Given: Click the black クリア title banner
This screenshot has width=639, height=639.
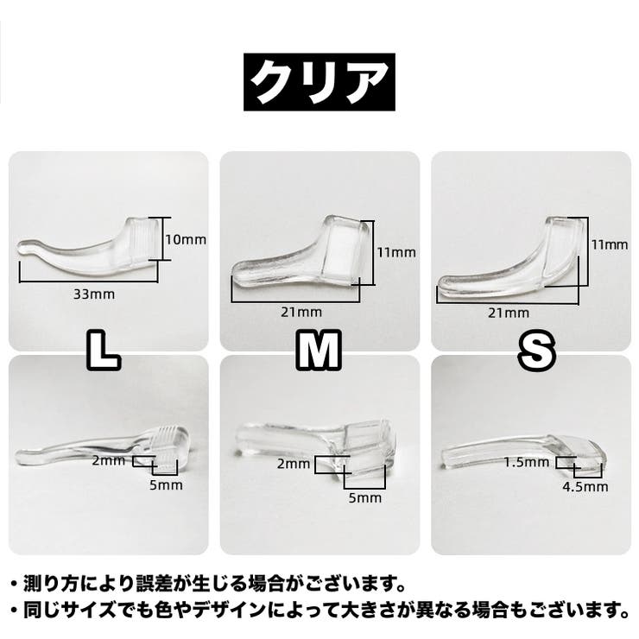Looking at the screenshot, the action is pos(319,82).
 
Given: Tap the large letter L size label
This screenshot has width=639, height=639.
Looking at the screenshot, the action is pos(104,350).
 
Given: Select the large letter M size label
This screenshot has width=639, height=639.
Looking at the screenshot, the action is pos(319,350).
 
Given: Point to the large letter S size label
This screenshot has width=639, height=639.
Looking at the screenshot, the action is pos(537,351).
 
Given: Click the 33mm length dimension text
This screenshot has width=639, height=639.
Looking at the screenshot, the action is pos(94,294).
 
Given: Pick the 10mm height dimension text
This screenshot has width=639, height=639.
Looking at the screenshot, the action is pos(186,240).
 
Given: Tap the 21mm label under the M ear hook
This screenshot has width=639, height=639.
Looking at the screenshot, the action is pos(301,313).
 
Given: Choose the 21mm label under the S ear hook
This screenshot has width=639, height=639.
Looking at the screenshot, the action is pos(509,313).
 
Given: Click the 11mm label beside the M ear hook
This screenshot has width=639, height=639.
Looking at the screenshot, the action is pos(396,252).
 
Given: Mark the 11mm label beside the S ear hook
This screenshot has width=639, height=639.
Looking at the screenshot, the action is pos(610,244).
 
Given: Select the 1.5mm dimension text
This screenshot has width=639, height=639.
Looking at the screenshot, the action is pos(527,463).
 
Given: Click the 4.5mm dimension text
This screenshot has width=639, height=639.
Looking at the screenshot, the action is pos(585,486).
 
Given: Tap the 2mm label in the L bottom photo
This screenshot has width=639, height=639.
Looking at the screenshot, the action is pos(109,461).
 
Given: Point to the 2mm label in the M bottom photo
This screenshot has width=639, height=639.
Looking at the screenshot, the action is pos(294,464).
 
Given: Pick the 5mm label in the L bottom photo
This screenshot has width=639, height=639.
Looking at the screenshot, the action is pos(167,485).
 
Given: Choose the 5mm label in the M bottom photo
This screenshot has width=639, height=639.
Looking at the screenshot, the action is pos(365,497).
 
